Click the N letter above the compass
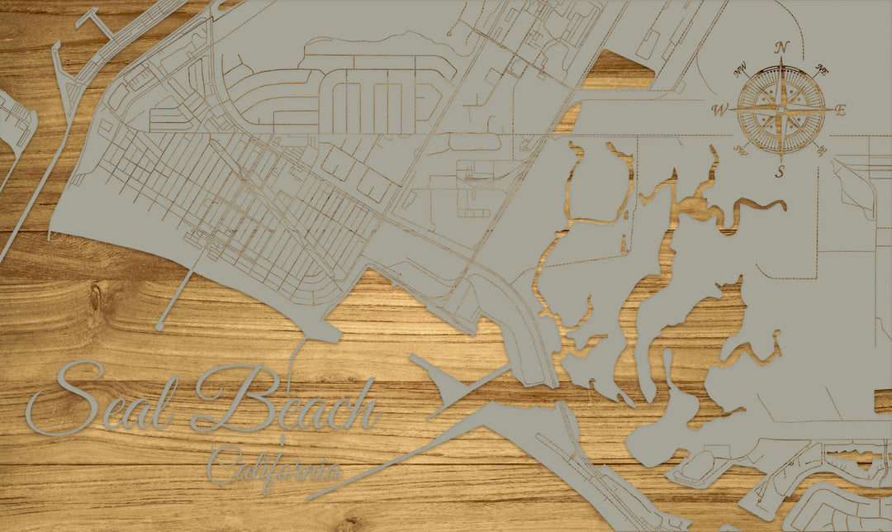pyautogui.click(x=782, y=47)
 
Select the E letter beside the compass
pyautogui.click(x=840, y=111)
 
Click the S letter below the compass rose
pyautogui.click(x=780, y=172)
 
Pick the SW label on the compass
pyautogui.click(x=741, y=149)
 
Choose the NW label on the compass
pyautogui.click(x=742, y=70)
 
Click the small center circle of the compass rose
pyautogui.click(x=781, y=109)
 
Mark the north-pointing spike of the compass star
pyautogui.click(x=781, y=74)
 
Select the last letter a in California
pyautogui.click(x=333, y=473)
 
